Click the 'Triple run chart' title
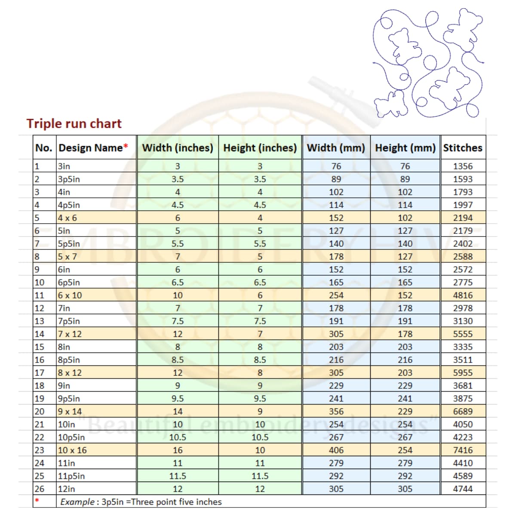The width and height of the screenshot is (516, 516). (x=74, y=123)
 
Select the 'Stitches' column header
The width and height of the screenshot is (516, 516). (x=463, y=147)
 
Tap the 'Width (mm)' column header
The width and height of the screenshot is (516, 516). (x=336, y=147)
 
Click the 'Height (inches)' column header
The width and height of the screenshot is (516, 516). (x=260, y=147)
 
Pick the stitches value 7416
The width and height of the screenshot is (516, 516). (x=463, y=450)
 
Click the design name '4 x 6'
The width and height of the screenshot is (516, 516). (x=68, y=218)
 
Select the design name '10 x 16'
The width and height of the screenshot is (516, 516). (x=72, y=450)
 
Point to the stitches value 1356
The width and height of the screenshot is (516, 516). (x=463, y=166)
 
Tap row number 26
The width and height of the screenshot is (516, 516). (x=39, y=489)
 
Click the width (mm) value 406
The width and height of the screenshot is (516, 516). (x=336, y=450)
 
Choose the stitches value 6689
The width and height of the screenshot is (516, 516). (x=463, y=412)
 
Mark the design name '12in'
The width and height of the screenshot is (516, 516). (x=66, y=489)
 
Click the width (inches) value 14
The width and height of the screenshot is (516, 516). (x=178, y=412)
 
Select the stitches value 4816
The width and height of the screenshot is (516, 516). (x=463, y=295)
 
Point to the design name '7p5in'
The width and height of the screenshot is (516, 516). (x=69, y=321)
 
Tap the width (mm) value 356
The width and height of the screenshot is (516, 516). (x=336, y=412)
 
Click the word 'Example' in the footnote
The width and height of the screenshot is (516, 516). (x=77, y=502)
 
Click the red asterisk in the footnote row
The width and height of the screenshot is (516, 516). (x=37, y=501)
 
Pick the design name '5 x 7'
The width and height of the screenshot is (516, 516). (x=68, y=257)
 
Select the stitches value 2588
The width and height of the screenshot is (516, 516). (x=463, y=257)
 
